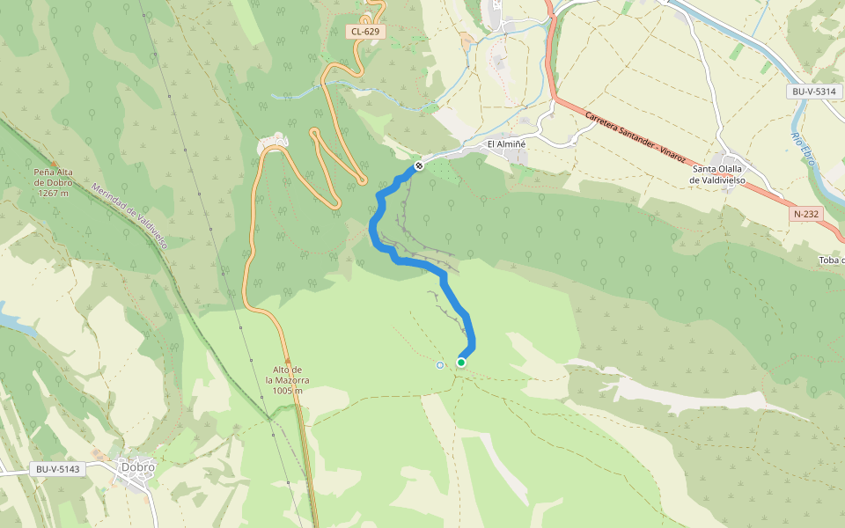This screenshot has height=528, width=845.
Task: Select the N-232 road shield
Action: [806, 214]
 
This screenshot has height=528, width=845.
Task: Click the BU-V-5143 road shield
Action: [58, 469]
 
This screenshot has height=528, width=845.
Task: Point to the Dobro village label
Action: [138, 467]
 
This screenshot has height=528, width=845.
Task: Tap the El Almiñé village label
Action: [506, 144]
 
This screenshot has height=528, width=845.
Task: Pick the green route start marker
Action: [461, 362]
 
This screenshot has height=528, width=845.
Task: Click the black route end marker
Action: [419, 165]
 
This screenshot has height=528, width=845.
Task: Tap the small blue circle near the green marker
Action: [440, 365]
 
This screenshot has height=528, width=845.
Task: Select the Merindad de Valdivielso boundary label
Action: [130, 217]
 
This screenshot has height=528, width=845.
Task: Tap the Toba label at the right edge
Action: [831, 260]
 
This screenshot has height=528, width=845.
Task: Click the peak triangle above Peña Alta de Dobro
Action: [53, 162]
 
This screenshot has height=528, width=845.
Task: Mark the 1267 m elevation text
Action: [52, 193]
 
